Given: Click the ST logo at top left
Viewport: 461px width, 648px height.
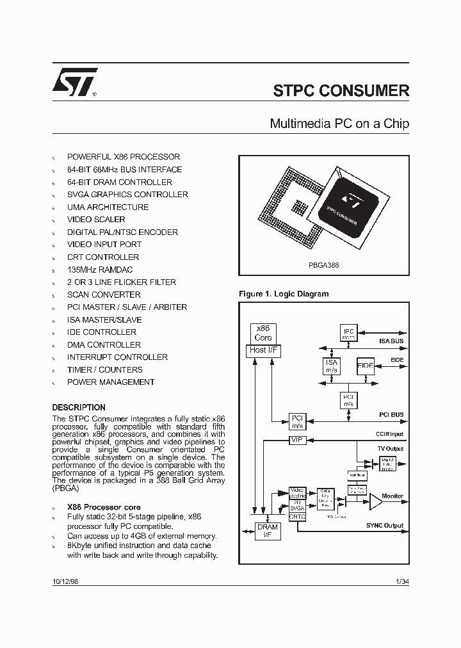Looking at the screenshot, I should tap(74, 81).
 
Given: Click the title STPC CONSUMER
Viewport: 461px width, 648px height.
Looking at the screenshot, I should tap(341, 90).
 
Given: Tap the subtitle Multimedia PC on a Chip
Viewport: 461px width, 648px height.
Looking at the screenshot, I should tap(339, 123).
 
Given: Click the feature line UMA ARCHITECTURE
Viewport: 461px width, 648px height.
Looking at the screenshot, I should tap(108, 207).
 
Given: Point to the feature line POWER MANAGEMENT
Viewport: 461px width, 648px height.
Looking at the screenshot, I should tap(111, 382).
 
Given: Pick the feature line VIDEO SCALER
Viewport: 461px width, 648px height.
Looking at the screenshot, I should tap(96, 220).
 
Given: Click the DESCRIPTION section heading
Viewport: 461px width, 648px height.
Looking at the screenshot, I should tap(79, 407).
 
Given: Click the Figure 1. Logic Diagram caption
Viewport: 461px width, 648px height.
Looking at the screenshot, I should tap(284, 294).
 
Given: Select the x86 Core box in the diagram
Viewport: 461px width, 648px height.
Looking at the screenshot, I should tap(263, 333).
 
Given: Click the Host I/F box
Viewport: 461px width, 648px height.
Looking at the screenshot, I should tap(263, 350).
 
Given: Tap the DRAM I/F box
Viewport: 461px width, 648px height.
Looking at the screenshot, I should tap(268, 530).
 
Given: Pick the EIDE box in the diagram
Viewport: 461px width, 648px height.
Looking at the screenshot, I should tap(366, 366).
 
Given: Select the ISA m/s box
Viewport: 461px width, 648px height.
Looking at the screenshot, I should tap(332, 366).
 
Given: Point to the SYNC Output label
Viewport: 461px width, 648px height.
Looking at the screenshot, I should tap(385, 525).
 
